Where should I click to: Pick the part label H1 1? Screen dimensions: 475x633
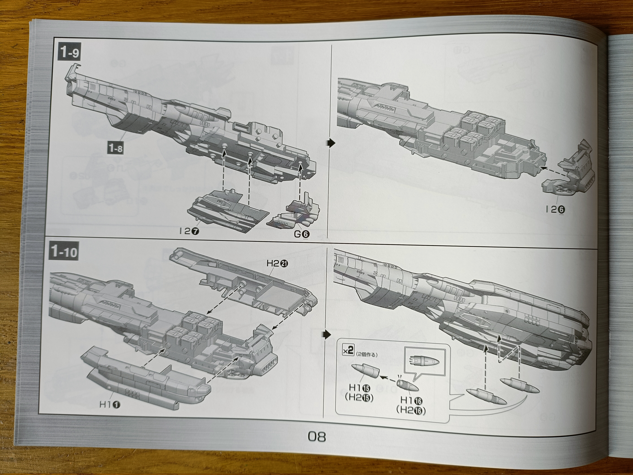110,404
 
